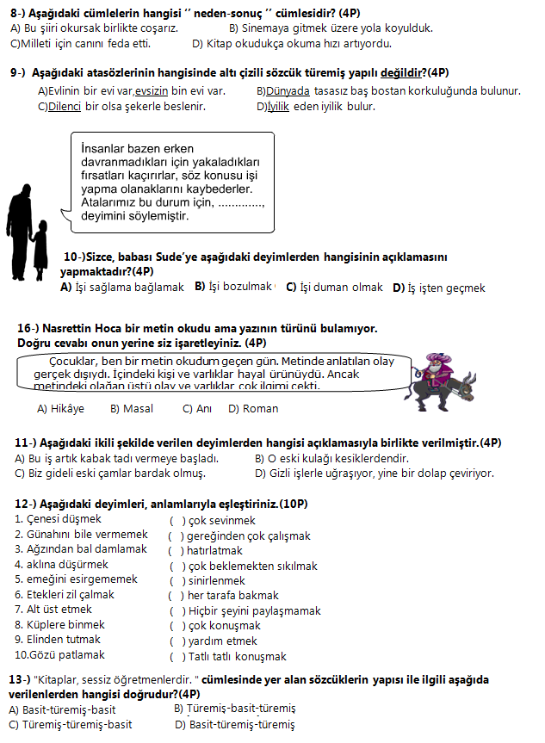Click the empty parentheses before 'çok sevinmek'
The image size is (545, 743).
177,521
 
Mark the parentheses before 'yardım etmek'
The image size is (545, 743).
177,641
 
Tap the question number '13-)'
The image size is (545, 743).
20,680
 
